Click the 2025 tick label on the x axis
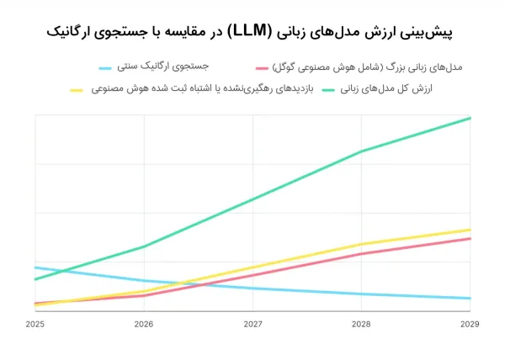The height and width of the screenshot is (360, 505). pyautogui.click(x=35, y=324)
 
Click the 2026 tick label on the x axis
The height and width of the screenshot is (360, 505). pyautogui.click(x=144, y=324)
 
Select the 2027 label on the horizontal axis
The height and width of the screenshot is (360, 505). pyautogui.click(x=252, y=324)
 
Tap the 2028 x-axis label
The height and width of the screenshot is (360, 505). pyautogui.click(x=361, y=324)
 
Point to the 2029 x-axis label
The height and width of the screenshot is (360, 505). pyautogui.click(x=469, y=324)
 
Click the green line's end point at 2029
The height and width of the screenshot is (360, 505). pyautogui.click(x=470, y=118)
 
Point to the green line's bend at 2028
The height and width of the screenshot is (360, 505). pyautogui.click(x=361, y=151)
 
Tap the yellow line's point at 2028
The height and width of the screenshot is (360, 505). pyautogui.click(x=361, y=245)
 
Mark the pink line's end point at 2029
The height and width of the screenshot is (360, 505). pyautogui.click(x=470, y=239)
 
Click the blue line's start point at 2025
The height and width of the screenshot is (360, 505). pyautogui.click(x=35, y=267)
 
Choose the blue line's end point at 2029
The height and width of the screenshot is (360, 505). pyautogui.click(x=470, y=299)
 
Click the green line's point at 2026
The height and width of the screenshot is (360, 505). pyautogui.click(x=144, y=246)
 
